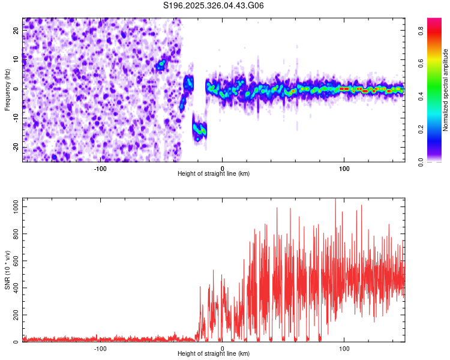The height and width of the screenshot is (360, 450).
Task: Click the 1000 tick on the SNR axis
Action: (x=13, y=206)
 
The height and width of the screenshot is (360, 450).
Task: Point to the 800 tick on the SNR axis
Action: (x=14, y=233)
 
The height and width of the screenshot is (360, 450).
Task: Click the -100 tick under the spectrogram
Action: (x=100, y=168)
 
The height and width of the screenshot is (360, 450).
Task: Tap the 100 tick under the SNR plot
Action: (x=344, y=348)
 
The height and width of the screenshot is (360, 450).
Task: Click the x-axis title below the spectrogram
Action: (x=214, y=174)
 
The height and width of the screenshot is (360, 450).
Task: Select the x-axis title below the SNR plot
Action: (x=214, y=354)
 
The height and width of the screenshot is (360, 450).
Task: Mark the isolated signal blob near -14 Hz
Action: (x=200, y=129)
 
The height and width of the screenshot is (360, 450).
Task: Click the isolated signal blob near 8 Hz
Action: (x=161, y=65)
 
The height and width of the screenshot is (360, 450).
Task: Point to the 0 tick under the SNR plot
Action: (x=223, y=348)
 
